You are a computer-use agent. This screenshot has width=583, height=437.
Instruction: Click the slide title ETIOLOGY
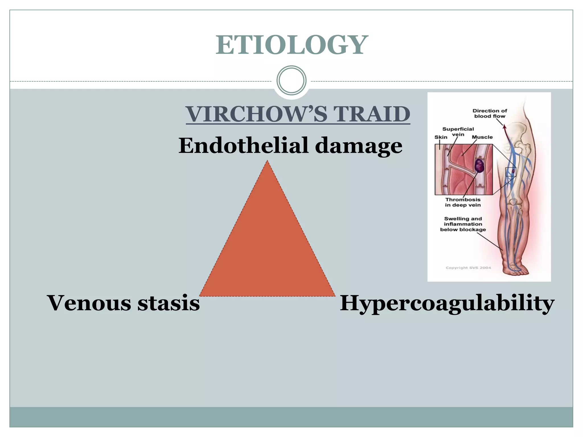pyautogui.click(x=291, y=45)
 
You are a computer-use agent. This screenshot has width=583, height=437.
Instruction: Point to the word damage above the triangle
pyautogui.click(x=359, y=146)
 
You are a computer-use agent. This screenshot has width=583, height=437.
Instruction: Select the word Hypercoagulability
pyautogui.click(x=447, y=303)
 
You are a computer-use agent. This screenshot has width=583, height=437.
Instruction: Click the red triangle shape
pyautogui.click(x=267, y=245)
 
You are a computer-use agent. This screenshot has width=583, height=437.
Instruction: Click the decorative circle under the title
pyautogui.click(x=291, y=80)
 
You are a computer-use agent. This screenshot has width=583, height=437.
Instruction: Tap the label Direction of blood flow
pyautogui.click(x=490, y=113)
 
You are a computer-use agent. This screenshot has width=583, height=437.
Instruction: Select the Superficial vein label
pyautogui.click(x=458, y=131)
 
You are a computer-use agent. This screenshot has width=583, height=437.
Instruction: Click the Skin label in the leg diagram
pyautogui.click(x=441, y=137)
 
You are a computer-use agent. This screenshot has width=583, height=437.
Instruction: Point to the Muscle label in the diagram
pyautogui.click(x=482, y=137)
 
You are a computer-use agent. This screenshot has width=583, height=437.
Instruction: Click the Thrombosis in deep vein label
pyautogui.click(x=463, y=202)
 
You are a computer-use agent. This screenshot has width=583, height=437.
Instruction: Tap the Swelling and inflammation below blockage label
pyautogui.click(x=463, y=224)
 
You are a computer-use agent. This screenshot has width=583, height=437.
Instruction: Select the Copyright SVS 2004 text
pyautogui.click(x=468, y=268)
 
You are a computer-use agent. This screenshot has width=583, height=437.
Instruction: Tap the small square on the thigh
pyautogui.click(x=510, y=172)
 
